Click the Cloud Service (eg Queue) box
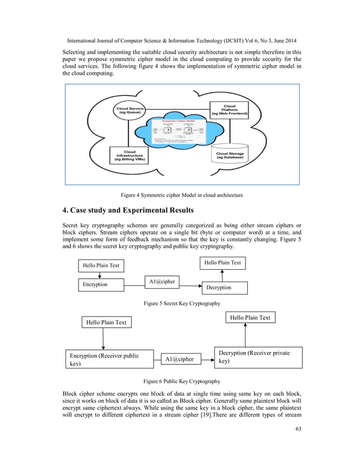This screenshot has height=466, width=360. tap(130, 110)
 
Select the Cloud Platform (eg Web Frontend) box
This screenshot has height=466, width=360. tap(229, 109)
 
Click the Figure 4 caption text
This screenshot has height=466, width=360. tap(180, 195)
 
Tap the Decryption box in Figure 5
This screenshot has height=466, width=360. tap(225, 287)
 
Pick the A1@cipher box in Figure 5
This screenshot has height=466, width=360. tap(163, 281)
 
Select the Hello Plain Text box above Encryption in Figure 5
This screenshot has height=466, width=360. tap(101, 265)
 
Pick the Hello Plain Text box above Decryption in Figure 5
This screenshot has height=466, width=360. tap(222, 262)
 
